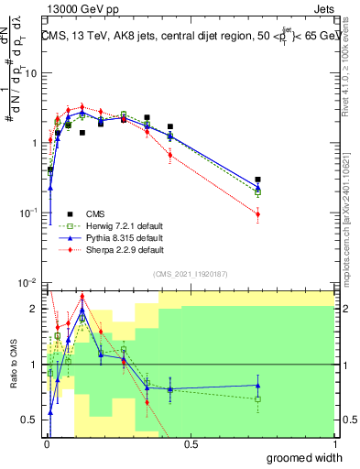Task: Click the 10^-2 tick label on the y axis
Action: click(29, 283)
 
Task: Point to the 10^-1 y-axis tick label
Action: click(29, 213)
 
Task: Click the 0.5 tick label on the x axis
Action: click(189, 443)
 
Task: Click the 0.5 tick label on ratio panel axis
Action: click(32, 420)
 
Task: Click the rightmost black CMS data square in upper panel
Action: click(258, 180)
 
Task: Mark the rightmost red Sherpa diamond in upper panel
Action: click(258, 214)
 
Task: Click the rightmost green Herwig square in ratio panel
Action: click(258, 399)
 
